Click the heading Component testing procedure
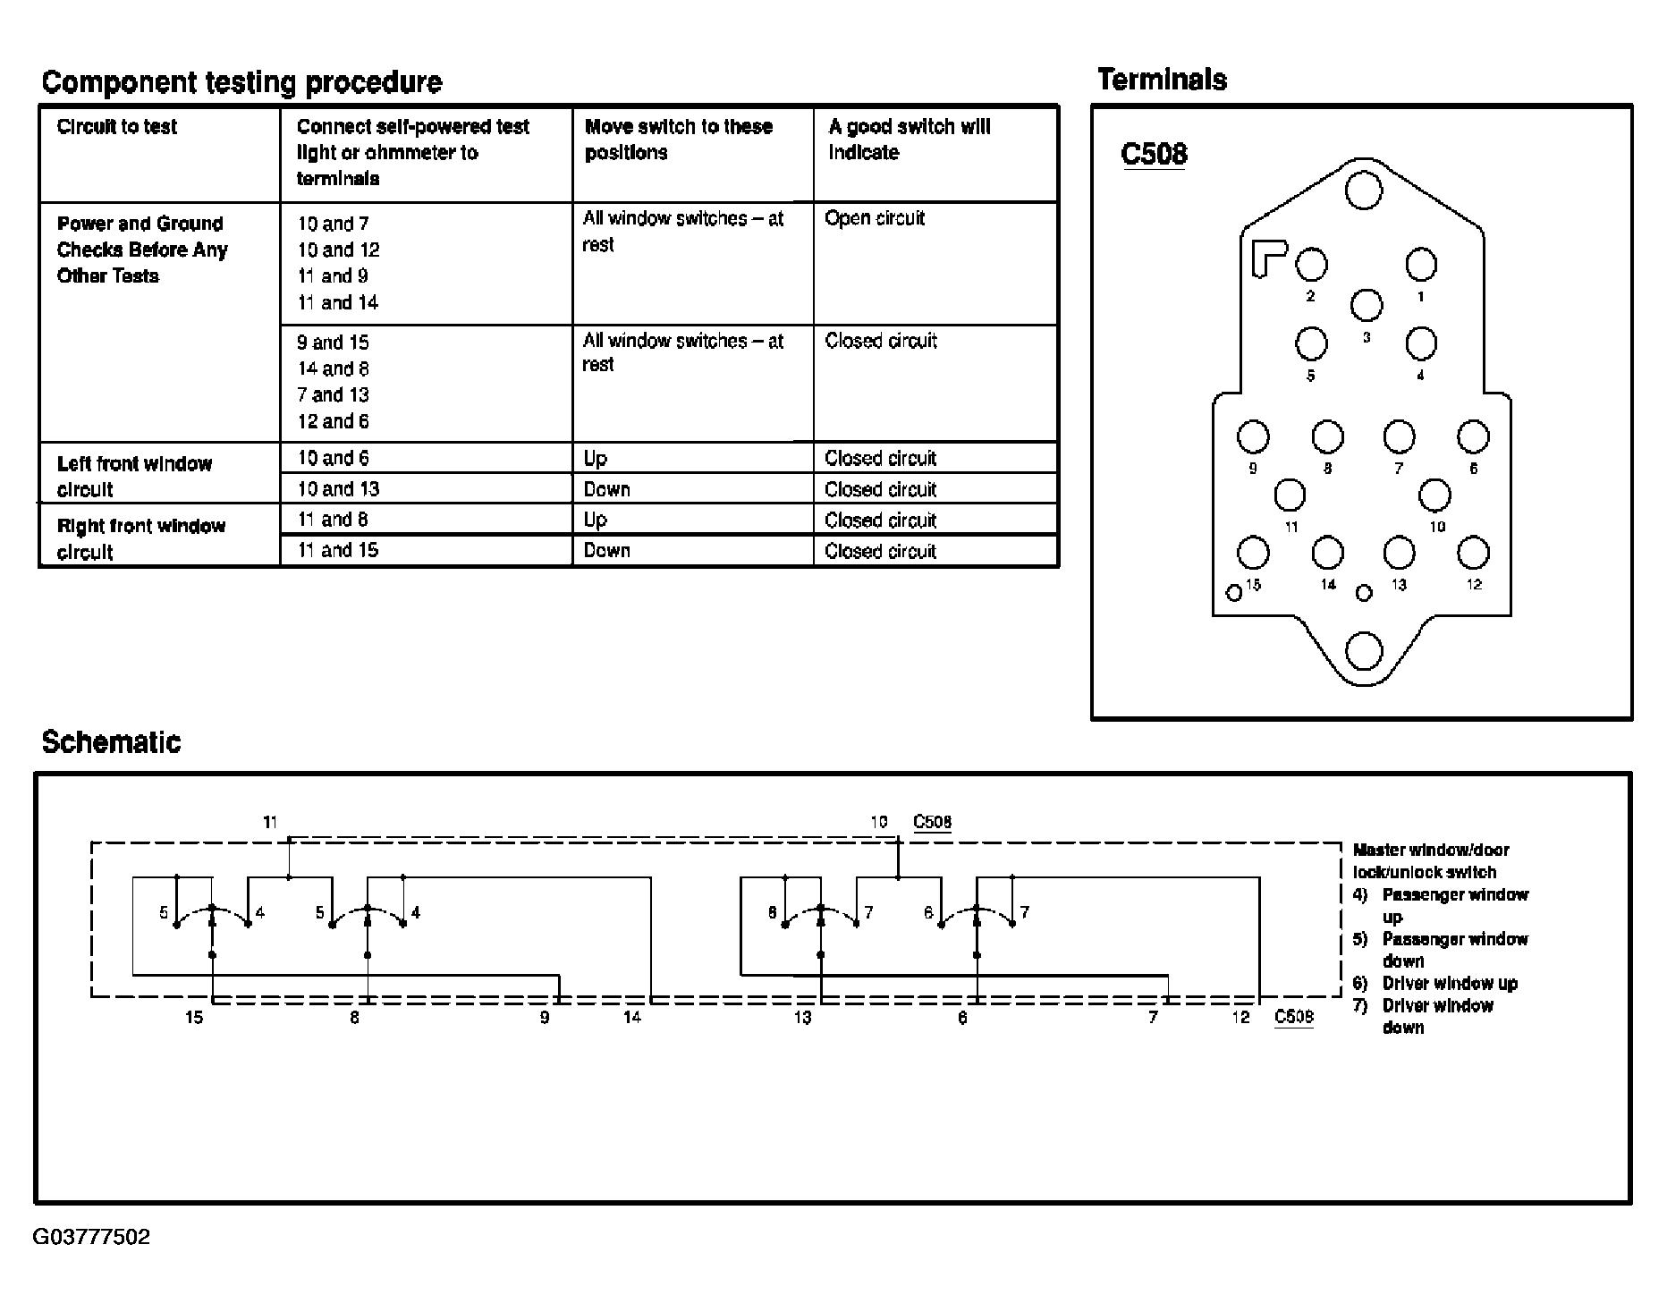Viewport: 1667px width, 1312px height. (x=241, y=82)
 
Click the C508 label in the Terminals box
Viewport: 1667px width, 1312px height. (x=1154, y=154)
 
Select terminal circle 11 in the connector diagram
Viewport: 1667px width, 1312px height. (x=1290, y=495)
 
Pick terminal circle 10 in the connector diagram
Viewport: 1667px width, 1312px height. (x=1435, y=495)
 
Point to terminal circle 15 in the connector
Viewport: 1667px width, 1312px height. (x=1253, y=553)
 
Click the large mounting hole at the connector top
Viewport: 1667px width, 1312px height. (x=1364, y=190)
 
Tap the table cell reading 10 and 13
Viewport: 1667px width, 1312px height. (x=338, y=489)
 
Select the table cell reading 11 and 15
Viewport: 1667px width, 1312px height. (x=338, y=550)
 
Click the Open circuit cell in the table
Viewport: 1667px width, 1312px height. (x=875, y=218)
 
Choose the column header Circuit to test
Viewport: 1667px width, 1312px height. (x=117, y=127)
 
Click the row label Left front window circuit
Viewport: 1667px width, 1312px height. (x=134, y=476)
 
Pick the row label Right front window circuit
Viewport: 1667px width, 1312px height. (x=140, y=538)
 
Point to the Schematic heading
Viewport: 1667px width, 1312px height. (x=111, y=742)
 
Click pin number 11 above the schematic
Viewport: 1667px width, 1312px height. (x=270, y=821)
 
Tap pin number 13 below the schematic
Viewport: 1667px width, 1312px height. (x=802, y=1017)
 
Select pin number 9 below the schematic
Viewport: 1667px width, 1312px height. (x=545, y=1017)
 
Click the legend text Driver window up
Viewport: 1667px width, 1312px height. (x=1450, y=983)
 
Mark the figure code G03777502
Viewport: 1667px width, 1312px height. (x=92, y=1237)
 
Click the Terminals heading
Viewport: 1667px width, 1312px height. (x=1162, y=80)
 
